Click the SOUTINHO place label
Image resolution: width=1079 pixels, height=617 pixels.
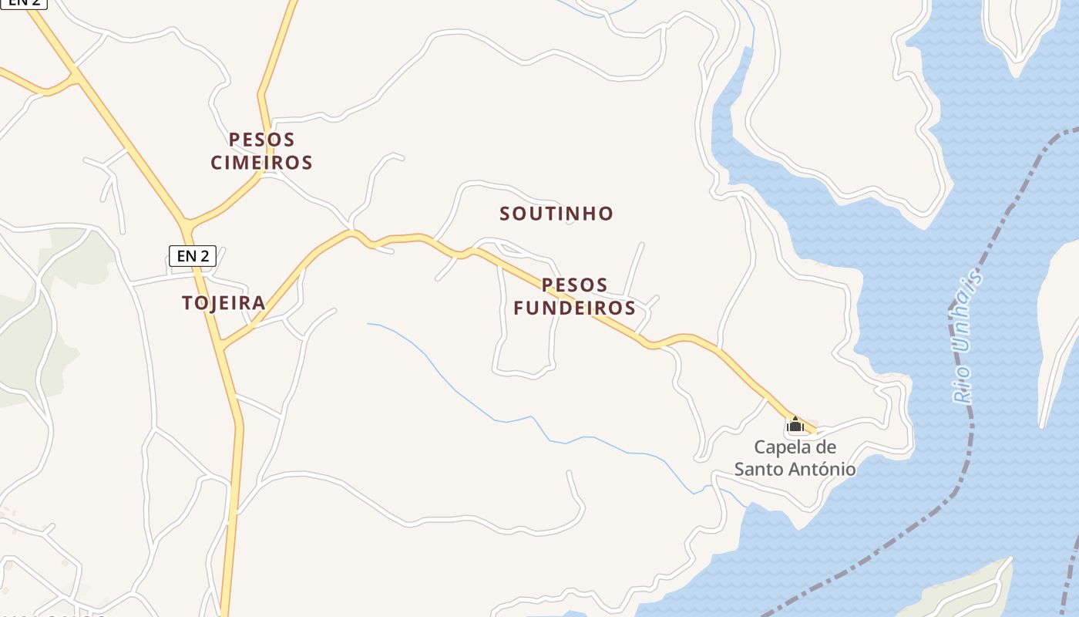(x=556, y=214)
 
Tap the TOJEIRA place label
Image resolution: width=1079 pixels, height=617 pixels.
(x=224, y=303)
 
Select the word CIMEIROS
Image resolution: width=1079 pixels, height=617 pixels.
(x=261, y=163)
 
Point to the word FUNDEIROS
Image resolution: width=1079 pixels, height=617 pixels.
(x=574, y=308)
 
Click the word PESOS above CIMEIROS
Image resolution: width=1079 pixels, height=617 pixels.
(x=261, y=140)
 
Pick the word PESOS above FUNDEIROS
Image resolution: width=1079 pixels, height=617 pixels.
(x=574, y=285)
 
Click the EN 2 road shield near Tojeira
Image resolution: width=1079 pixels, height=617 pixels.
(x=192, y=256)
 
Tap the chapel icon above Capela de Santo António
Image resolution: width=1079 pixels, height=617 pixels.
(x=795, y=424)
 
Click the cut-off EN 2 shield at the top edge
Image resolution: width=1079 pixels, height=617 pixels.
(x=23, y=3)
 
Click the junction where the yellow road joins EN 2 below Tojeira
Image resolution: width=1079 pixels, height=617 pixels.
(x=222, y=346)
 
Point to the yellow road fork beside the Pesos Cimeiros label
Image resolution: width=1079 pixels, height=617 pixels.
(x=264, y=174)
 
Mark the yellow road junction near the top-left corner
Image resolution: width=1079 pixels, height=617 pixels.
(x=75, y=76)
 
